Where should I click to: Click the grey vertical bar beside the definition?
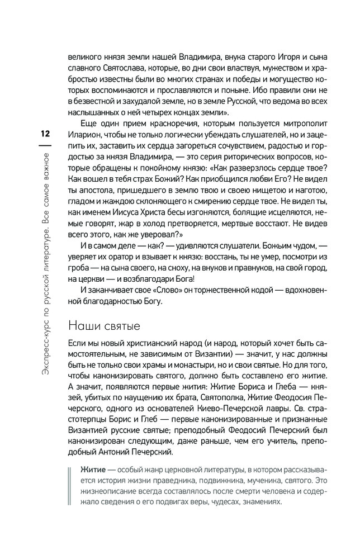point(70,491)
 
